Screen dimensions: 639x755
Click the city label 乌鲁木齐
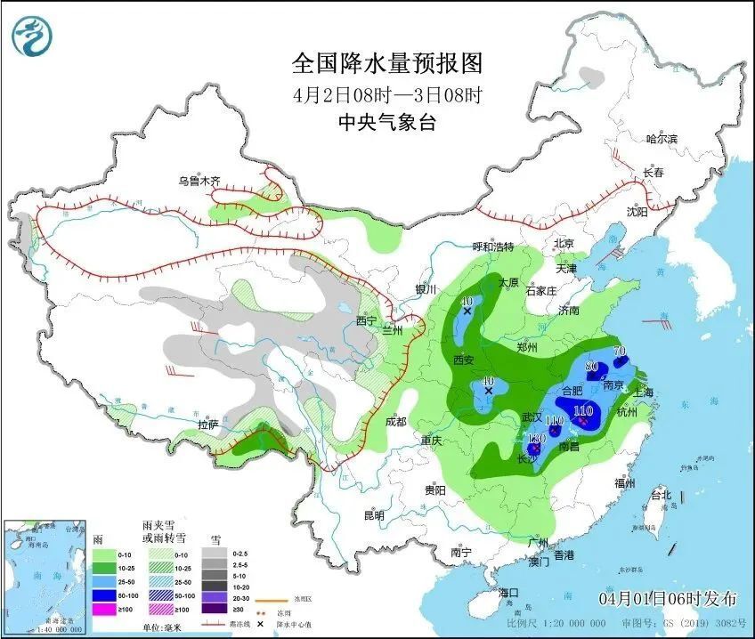pyautogui.click(x=199, y=181)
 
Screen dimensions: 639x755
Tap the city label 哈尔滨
pyautogui.click(x=662, y=139)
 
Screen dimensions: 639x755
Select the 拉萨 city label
pyautogui.click(x=208, y=425)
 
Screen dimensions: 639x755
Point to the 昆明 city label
pyautogui.click(x=374, y=515)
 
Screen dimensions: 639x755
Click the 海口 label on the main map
pyautogui.click(x=508, y=593)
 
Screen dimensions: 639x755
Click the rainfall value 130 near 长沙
pyautogui.click(x=536, y=439)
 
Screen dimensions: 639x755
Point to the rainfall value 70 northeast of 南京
pyautogui.click(x=620, y=351)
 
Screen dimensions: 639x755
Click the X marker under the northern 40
pyautogui.click(x=467, y=311)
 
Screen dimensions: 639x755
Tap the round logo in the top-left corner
pyautogui.click(x=33, y=35)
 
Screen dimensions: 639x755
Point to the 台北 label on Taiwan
pyautogui.click(x=662, y=495)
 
